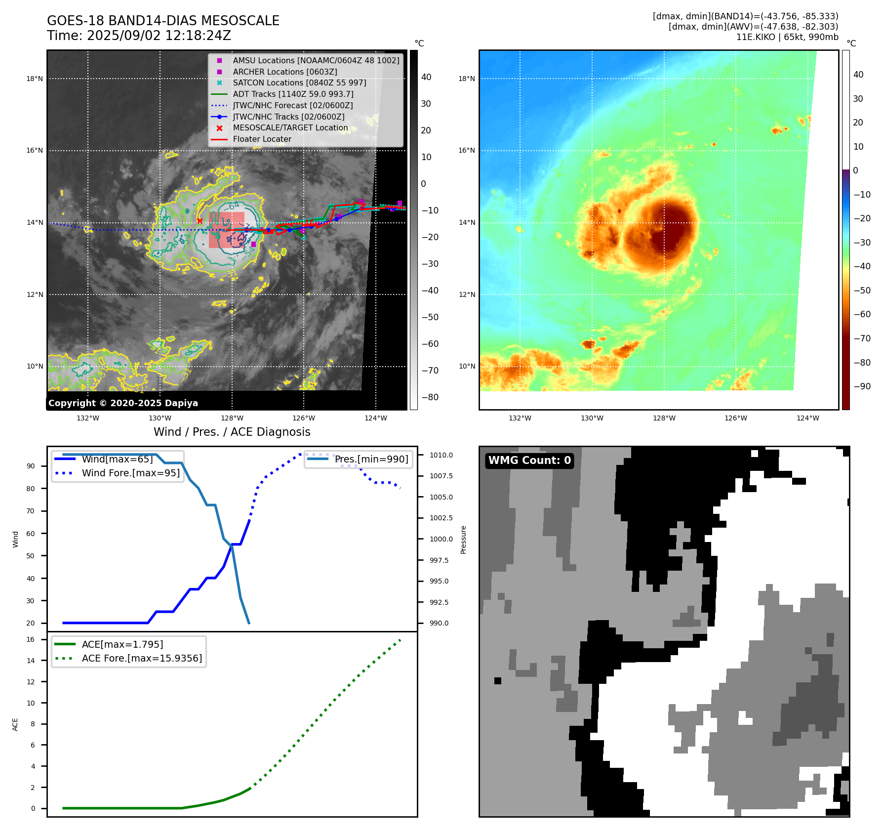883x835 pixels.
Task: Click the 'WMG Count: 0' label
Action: pyautogui.click(x=529, y=460)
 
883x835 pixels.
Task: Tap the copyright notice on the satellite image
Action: pyautogui.click(x=123, y=403)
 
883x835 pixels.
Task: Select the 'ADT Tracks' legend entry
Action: pyautogui.click(x=293, y=94)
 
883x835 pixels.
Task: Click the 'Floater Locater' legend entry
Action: pyautogui.click(x=262, y=139)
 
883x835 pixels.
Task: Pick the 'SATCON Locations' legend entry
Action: pyautogui.click(x=299, y=83)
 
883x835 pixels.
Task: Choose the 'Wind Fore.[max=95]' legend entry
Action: pyautogui.click(x=130, y=473)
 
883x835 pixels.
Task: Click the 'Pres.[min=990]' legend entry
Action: pyautogui.click(x=371, y=459)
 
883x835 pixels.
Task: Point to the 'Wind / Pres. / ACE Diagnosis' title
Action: pyautogui.click(x=232, y=432)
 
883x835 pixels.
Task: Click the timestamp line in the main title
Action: pyautogui.click(x=139, y=36)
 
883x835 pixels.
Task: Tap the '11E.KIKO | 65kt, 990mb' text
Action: pyautogui.click(x=787, y=37)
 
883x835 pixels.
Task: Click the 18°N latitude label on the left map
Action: pyautogui.click(x=35, y=79)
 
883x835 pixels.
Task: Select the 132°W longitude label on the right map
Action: pyautogui.click(x=520, y=418)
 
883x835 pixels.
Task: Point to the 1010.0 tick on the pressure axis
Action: pyautogui.click(x=441, y=455)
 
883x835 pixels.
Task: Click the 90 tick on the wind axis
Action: pyautogui.click(x=31, y=466)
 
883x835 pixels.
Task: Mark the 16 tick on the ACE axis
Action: pyautogui.click(x=31, y=639)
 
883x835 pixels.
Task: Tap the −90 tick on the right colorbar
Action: pyautogui.click(x=862, y=386)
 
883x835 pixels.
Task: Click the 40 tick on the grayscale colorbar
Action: pyautogui.click(x=426, y=77)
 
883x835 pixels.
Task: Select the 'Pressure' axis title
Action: pyautogui.click(x=463, y=540)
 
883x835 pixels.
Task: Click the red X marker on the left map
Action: pyautogui.click(x=200, y=221)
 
